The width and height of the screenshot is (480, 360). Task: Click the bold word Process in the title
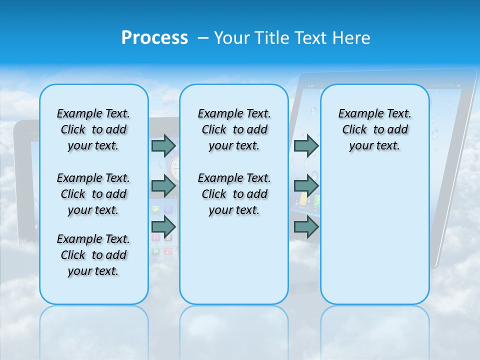click(154, 38)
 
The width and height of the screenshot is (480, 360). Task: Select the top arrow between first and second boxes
click(163, 145)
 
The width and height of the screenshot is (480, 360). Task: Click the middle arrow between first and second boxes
click(163, 186)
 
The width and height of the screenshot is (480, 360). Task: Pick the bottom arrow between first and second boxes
click(163, 227)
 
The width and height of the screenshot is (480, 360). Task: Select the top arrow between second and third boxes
click(306, 145)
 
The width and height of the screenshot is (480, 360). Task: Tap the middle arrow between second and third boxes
click(306, 186)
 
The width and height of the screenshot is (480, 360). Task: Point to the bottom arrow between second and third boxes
click(306, 227)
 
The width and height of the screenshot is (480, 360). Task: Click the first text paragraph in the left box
click(93, 129)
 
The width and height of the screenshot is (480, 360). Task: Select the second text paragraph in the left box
click(93, 194)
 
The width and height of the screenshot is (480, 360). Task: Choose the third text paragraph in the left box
click(93, 255)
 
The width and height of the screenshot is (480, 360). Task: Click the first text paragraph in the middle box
click(234, 129)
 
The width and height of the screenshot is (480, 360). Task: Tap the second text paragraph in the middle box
click(234, 194)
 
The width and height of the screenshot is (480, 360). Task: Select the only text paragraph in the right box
click(374, 129)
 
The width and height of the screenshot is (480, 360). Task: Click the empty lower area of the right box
click(374, 235)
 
